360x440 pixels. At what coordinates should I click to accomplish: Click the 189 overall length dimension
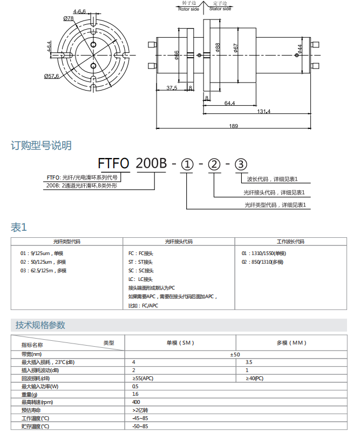pyautogui.click(x=233, y=126)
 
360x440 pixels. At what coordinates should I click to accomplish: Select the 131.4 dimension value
pyautogui.click(x=263, y=112)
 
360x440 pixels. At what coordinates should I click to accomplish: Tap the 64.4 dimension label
pyautogui.click(x=229, y=102)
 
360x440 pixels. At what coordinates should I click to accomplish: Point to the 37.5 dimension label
pyautogui.click(x=172, y=88)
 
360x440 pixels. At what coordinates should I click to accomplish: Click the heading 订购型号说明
pyautogui.click(x=41, y=146)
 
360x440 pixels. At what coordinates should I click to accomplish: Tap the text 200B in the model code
pyautogui.click(x=151, y=163)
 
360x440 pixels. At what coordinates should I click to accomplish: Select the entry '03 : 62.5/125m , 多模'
pyautogui.click(x=44, y=271)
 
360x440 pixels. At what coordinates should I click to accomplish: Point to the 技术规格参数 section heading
pyautogui.click(x=40, y=325)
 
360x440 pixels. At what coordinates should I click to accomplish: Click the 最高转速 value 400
pyautogui.click(x=136, y=402)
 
